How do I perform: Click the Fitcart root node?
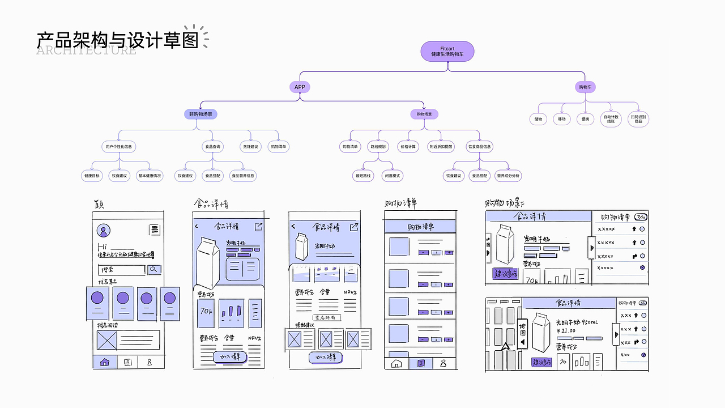pos(447,52)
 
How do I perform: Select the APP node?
pos(300,87)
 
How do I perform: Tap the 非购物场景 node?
pos(201,114)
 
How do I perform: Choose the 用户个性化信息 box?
pos(118,147)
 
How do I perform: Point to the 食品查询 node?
pos(212,147)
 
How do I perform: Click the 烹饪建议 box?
pos(250,147)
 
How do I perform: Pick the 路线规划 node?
pos(378,147)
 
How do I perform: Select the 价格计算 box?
pos(408,147)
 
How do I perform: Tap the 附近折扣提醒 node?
pos(441,147)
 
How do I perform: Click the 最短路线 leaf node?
pos(363,176)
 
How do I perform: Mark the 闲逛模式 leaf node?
pos(393,176)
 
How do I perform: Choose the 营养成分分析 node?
pos(508,176)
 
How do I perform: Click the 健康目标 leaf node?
pos(92,176)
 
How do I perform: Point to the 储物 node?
pos(538,119)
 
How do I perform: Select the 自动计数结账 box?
pos(611,119)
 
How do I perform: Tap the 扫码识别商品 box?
pos(638,119)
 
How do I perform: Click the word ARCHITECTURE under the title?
pos(86,51)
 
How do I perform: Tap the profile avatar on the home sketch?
pos(104,231)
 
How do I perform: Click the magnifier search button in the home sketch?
pos(155,270)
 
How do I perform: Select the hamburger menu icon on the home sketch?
pos(155,230)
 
